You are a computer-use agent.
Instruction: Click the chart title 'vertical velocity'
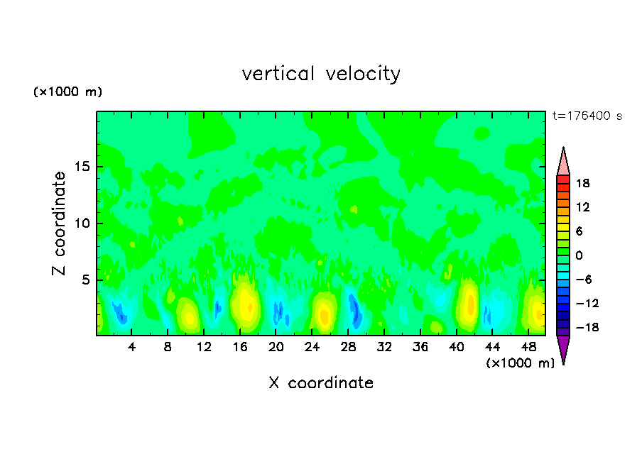tap(321, 74)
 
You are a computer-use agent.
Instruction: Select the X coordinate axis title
tap(321, 383)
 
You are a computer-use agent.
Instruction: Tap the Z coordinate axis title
tap(60, 223)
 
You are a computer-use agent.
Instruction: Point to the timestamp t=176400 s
tap(587, 116)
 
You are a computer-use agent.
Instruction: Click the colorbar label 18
tap(583, 183)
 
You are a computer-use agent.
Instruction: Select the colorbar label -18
tap(580, 327)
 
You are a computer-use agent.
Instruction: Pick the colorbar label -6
tap(582, 279)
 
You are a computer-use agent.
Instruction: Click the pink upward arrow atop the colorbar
tap(563, 162)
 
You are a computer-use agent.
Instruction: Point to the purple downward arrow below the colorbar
tap(563, 348)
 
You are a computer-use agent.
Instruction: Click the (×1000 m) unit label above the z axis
tap(68, 92)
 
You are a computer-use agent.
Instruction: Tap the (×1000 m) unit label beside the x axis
tap(521, 363)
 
